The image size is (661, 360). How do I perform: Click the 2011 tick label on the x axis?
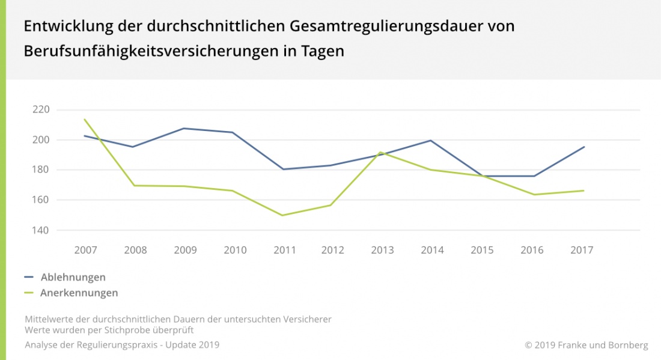coord(284,250)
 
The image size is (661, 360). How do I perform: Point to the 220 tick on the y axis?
coord(41,109)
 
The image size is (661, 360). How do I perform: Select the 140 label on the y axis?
coord(41,230)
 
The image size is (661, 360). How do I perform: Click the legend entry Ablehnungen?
coord(73,277)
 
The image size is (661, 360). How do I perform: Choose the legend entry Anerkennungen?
coord(79,293)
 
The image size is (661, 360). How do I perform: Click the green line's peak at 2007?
coord(84,119)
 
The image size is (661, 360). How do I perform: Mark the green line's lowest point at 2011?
coord(282,215)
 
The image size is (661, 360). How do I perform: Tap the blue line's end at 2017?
coord(583,147)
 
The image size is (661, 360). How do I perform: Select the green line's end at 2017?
coord(583,191)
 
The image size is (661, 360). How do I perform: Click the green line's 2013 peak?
coord(380,152)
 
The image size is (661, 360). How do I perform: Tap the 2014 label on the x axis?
coord(433,250)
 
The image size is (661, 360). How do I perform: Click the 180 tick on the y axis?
coord(41,169)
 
